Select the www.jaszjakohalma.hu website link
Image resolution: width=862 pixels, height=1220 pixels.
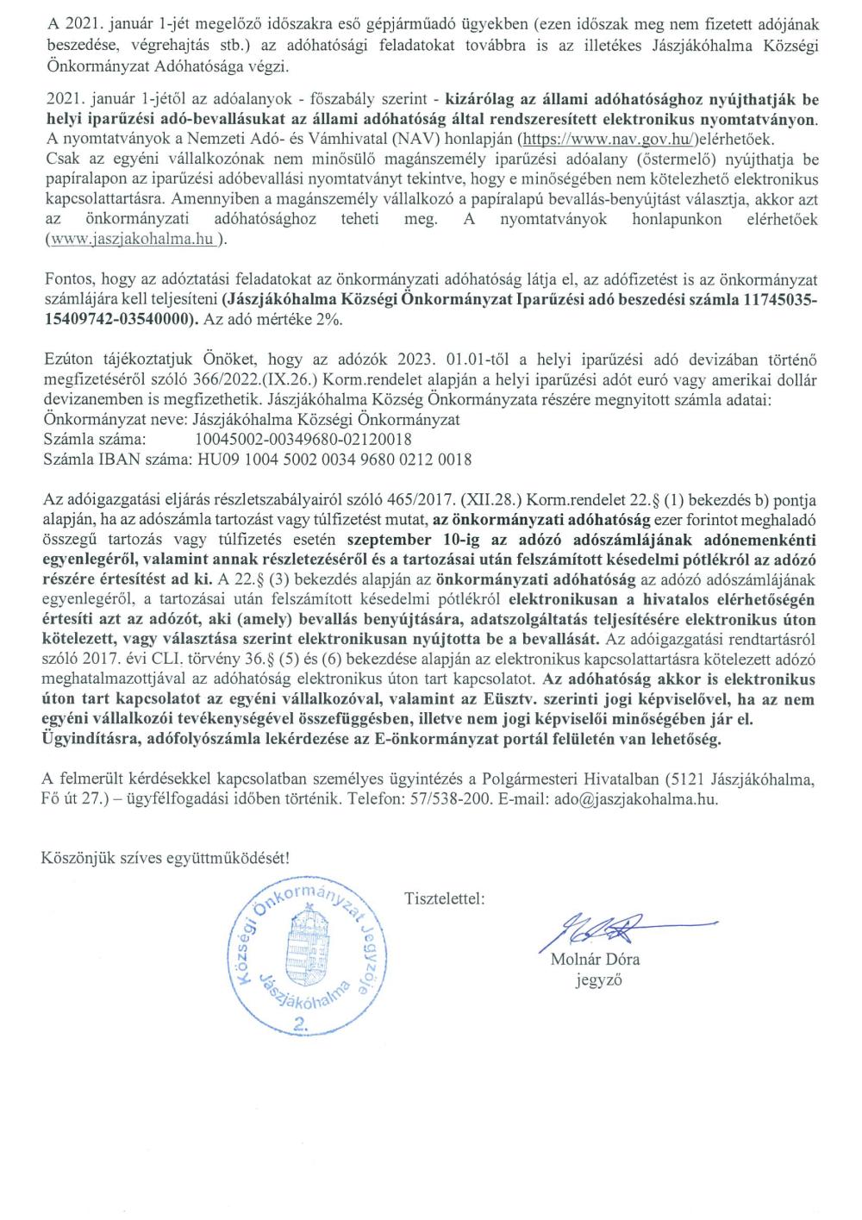pyautogui.click(x=134, y=240)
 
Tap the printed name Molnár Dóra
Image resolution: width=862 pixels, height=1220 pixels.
pyautogui.click(x=595, y=960)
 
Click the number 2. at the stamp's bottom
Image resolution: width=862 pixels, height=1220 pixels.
pyautogui.click(x=301, y=1023)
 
